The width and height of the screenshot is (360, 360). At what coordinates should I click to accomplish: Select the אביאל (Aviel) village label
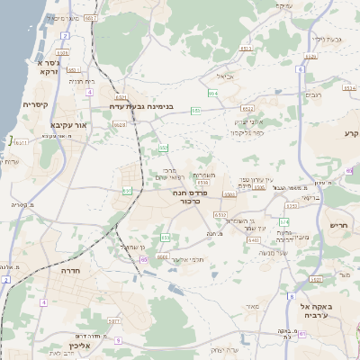(225, 76)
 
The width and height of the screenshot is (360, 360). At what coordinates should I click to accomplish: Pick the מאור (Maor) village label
(251, 307)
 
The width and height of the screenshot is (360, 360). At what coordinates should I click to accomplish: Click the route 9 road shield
(117, 339)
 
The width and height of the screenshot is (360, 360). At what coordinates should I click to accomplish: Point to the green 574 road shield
(283, 220)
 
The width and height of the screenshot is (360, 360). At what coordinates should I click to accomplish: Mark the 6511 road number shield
(72, 69)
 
